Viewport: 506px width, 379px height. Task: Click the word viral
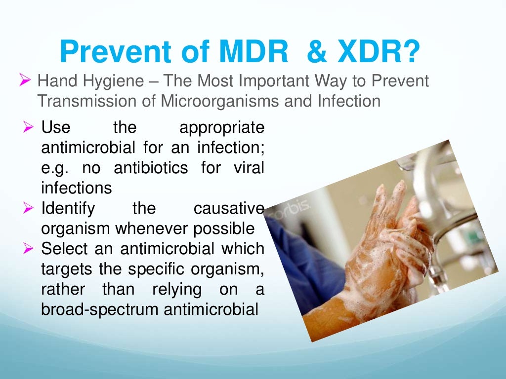[x=249, y=168]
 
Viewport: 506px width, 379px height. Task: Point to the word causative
[x=229, y=209]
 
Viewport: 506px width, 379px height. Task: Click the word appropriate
[x=222, y=127]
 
